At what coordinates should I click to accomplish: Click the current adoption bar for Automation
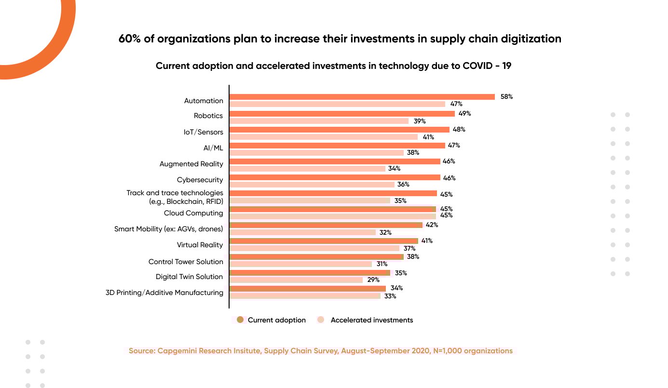362,97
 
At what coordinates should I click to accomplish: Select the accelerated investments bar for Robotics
319,121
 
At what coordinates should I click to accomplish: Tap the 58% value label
506,96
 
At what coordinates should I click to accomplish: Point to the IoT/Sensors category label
203,131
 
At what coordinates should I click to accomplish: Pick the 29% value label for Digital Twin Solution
373,280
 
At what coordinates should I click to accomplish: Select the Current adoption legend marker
240,320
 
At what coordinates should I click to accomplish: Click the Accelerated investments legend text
371,320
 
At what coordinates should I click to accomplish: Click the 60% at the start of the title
129,39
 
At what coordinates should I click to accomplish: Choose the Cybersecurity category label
200,180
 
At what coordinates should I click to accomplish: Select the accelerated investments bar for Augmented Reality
307,169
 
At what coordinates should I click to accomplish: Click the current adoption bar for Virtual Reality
324,241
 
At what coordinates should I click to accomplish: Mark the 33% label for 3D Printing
390,296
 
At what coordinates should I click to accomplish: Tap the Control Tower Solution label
186,262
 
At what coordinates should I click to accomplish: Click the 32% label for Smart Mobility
385,232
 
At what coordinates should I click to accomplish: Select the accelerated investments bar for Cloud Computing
332,216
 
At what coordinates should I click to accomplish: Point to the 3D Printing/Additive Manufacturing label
164,293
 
